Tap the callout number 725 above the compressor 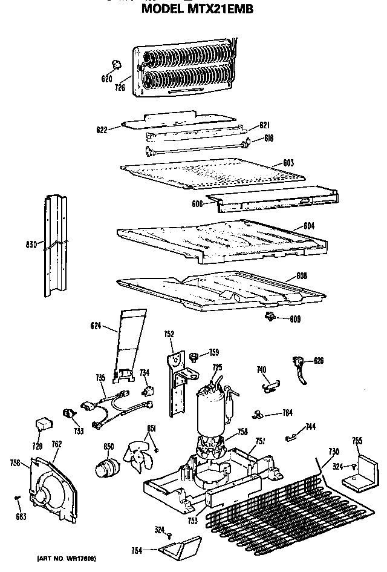pos(217,367)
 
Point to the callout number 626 pos(318,361)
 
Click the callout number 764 pos(288,413)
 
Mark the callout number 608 pos(301,277)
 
